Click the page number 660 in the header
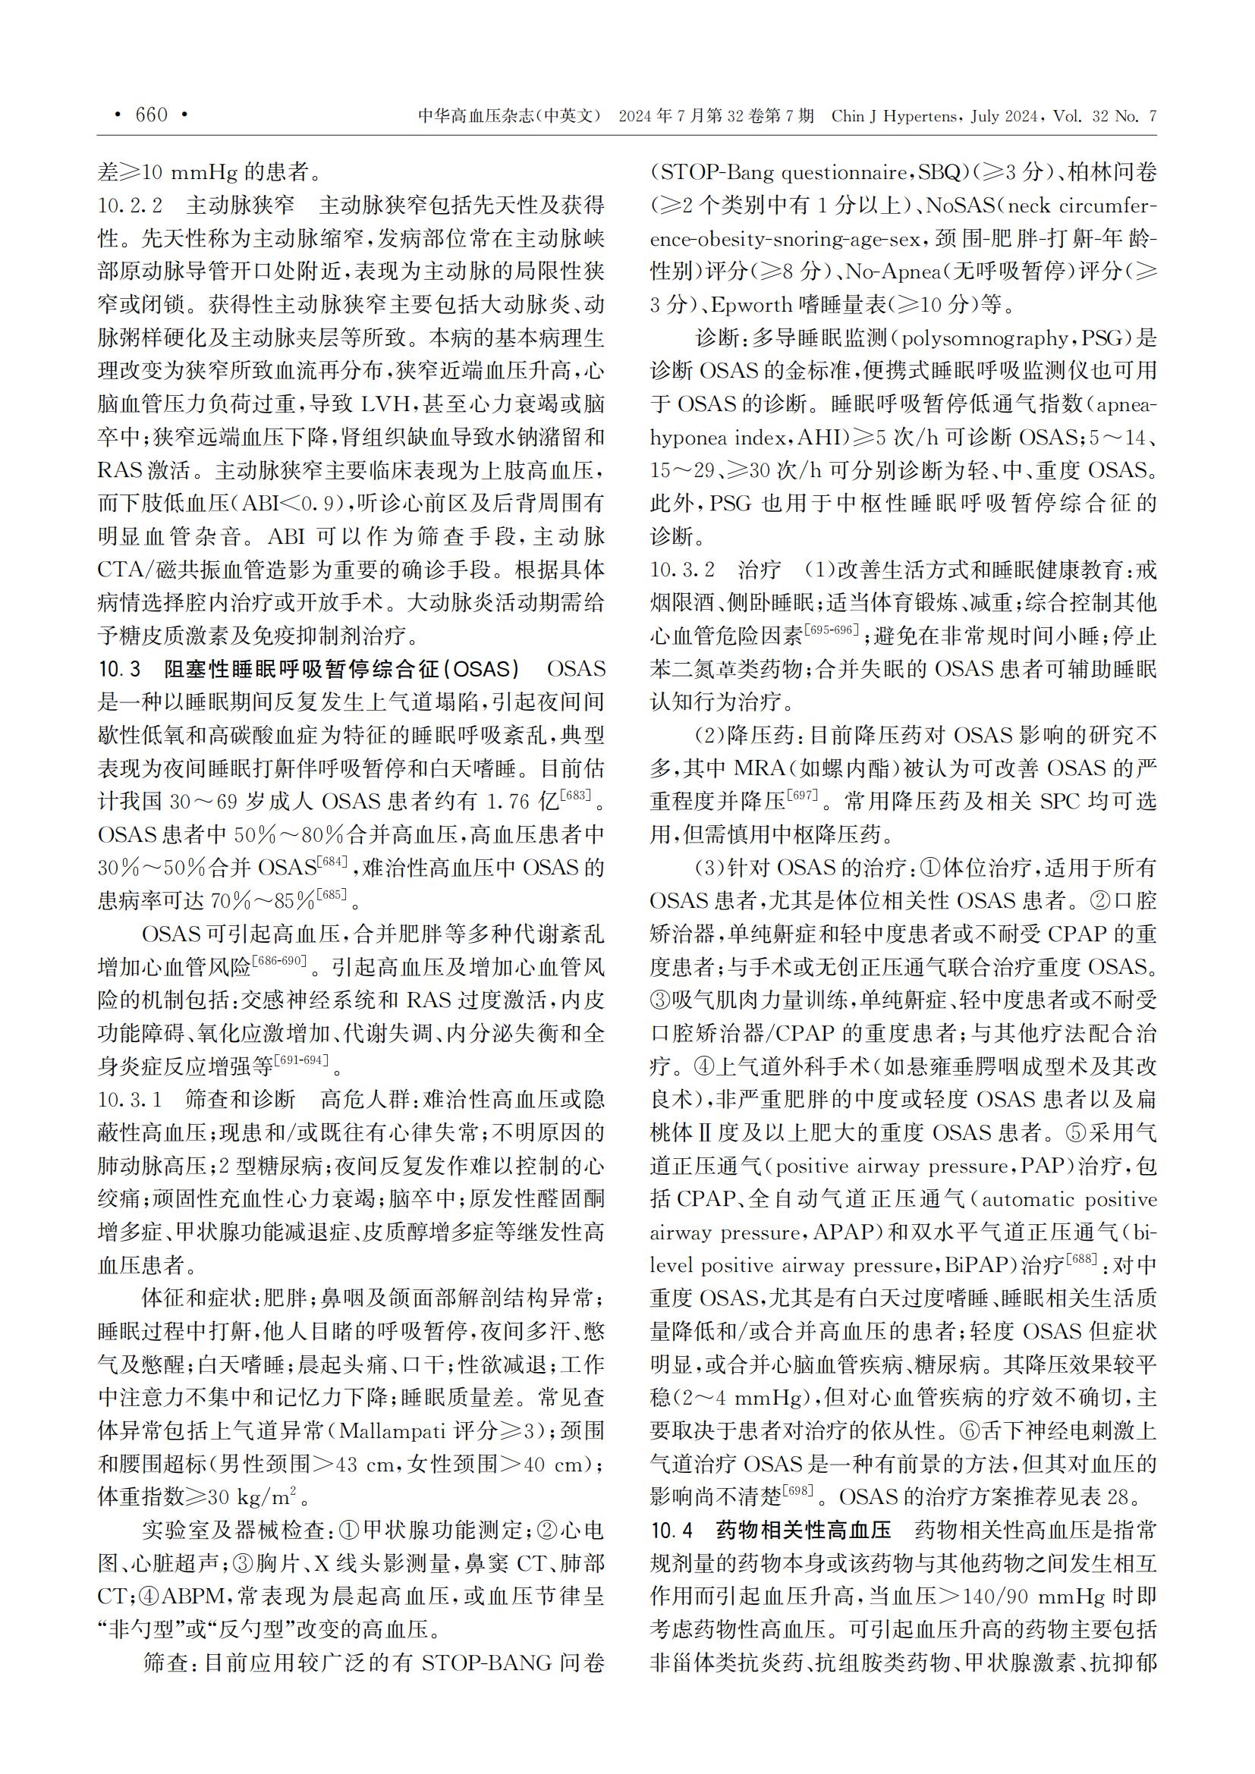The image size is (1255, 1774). tap(152, 115)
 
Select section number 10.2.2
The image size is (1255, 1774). tap(130, 206)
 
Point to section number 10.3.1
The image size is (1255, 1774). tap(130, 1100)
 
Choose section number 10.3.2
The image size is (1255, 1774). tap(682, 570)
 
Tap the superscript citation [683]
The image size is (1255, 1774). tap(575, 795)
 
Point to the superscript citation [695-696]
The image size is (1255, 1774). tap(831, 630)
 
